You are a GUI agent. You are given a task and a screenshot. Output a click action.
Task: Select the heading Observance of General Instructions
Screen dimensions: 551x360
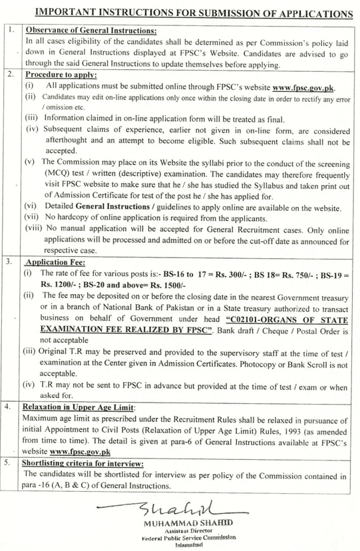click(x=90, y=31)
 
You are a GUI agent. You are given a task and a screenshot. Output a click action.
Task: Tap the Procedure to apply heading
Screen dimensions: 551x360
click(x=61, y=75)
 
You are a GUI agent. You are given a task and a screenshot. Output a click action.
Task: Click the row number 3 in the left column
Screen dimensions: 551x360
click(x=9, y=262)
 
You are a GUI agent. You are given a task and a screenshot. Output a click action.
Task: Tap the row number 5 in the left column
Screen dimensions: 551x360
click(x=9, y=461)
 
